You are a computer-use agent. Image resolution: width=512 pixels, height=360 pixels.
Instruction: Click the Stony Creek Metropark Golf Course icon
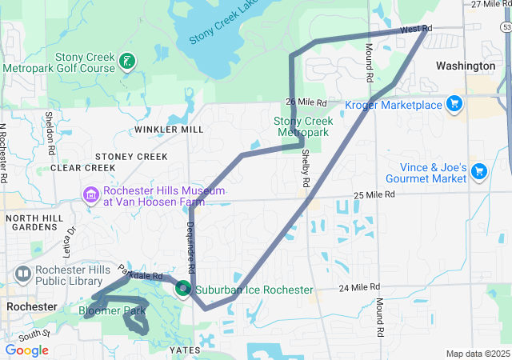coord(126,61)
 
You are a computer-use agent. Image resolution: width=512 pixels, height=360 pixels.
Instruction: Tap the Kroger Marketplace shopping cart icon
coord(454,104)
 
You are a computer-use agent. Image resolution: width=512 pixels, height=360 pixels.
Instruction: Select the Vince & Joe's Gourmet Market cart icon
coord(479,172)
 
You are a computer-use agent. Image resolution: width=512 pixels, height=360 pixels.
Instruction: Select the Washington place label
coord(466,66)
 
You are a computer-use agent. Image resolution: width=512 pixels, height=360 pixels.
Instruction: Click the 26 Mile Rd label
coord(307,102)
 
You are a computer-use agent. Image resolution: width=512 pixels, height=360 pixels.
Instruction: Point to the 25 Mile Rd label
coord(374,195)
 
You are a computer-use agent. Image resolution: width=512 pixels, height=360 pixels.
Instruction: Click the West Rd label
coord(415,29)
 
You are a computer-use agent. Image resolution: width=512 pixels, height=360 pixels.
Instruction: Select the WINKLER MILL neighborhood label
coord(169,129)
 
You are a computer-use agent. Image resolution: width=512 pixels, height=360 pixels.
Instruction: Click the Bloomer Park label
coord(113,310)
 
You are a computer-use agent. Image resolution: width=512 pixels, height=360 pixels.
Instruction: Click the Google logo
coord(27,350)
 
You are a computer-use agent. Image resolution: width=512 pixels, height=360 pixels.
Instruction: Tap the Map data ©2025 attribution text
coord(477,354)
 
